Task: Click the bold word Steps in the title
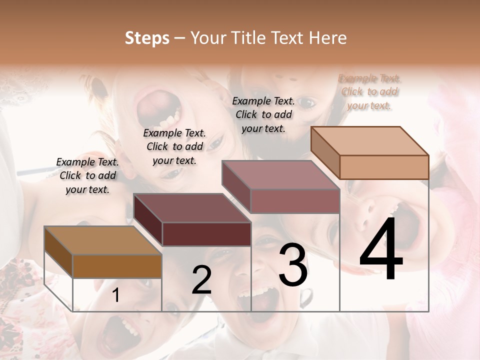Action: tap(147, 38)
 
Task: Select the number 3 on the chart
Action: tap(293, 264)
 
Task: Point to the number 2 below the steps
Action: tap(201, 280)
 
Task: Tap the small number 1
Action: tap(116, 295)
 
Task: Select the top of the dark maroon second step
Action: tap(192, 208)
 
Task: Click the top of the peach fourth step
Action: tap(370, 141)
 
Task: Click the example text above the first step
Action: tap(87, 175)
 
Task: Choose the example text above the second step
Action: tap(174, 146)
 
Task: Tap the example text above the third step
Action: tap(263, 114)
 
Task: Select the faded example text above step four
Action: tap(369, 92)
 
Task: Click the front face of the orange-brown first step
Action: tap(117, 266)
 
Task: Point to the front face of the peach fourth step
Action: tap(384, 167)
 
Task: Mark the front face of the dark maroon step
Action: tap(206, 234)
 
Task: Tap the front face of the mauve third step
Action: tap(295, 201)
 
